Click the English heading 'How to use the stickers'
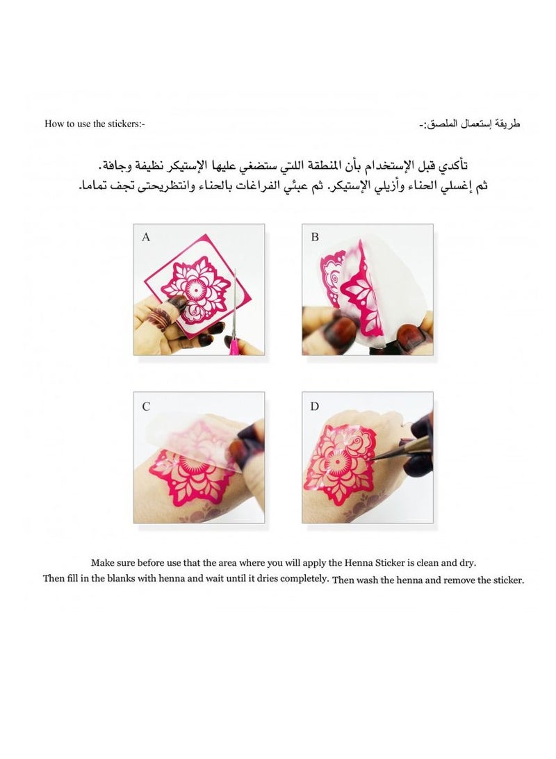click(x=94, y=124)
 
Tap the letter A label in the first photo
click(x=146, y=237)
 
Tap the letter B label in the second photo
click(x=315, y=237)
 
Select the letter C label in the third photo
click(x=146, y=406)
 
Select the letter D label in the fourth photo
click(x=315, y=406)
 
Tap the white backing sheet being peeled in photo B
click(x=400, y=292)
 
